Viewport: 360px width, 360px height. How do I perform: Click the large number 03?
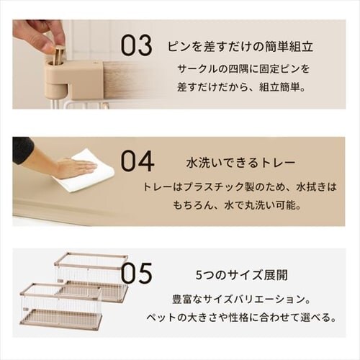coord(136,45)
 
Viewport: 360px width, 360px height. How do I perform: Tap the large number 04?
coord(138,161)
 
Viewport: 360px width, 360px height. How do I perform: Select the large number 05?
coord(136,273)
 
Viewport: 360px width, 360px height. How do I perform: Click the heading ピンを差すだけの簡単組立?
coord(240,47)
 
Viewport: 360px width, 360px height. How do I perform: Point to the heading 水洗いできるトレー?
coord(240,163)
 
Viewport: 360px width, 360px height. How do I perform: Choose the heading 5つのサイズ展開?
coord(242,275)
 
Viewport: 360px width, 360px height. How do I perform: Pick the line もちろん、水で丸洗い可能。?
coord(237,206)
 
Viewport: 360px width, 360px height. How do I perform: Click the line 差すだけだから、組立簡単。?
coord(241,87)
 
